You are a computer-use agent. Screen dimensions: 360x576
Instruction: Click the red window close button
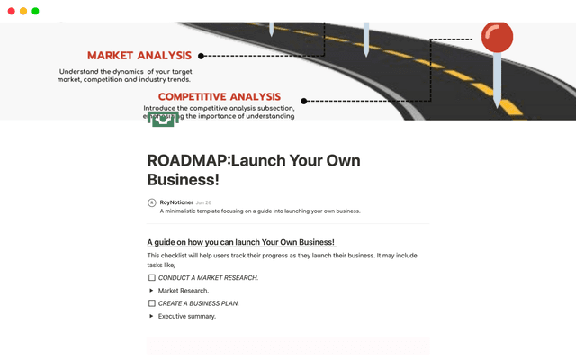12,11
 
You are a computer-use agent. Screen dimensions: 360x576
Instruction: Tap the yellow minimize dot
23,11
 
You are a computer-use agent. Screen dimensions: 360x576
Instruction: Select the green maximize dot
35,11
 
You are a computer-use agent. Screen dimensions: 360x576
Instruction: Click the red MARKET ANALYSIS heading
139,56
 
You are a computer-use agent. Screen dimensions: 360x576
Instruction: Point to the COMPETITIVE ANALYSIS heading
220,97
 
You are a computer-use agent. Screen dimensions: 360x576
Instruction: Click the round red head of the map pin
497,37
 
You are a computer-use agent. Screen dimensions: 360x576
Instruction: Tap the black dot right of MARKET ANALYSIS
201,56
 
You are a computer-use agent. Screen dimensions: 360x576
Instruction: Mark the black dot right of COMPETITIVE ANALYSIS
304,101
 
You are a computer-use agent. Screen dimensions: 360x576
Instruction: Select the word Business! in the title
184,180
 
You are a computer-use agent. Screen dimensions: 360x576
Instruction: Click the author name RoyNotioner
175,202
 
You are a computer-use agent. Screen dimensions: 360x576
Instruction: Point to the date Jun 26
203,202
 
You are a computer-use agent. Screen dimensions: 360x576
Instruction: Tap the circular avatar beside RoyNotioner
151,202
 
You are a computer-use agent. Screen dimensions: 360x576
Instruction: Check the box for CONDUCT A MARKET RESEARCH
151,278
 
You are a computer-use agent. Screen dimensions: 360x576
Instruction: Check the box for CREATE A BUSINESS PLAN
151,303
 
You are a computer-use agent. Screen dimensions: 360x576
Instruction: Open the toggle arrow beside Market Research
151,291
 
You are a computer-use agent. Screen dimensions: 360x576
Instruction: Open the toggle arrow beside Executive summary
151,316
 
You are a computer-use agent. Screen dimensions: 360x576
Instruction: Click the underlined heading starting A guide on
240,242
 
